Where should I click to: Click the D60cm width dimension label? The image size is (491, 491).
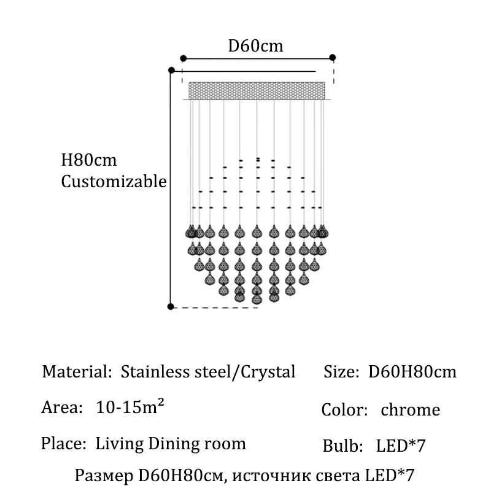pos(255,46)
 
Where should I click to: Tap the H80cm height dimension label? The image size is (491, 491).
pos(88,160)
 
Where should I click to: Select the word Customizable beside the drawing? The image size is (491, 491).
pos(114,182)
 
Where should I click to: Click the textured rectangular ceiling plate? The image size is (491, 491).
pos(257,90)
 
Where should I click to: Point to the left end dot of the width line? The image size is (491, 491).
pos(184,58)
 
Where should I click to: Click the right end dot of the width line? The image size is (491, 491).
pos(333,58)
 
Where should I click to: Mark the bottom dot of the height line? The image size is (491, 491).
pos(171,306)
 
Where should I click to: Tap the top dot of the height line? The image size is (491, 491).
pos(172,70)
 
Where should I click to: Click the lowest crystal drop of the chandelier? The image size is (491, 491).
pos(257,298)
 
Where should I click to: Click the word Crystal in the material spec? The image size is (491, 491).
pos(268,373)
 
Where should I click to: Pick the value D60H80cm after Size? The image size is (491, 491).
pos(412,372)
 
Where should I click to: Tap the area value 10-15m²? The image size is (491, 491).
pos(130,407)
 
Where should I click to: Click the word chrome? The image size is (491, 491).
pos(410,410)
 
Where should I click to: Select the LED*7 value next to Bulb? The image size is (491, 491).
pos(401,446)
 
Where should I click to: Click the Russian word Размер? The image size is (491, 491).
pos(104,476)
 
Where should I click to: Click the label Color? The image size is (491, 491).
pos(344,410)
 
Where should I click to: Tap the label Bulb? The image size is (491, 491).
pos(342,446)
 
